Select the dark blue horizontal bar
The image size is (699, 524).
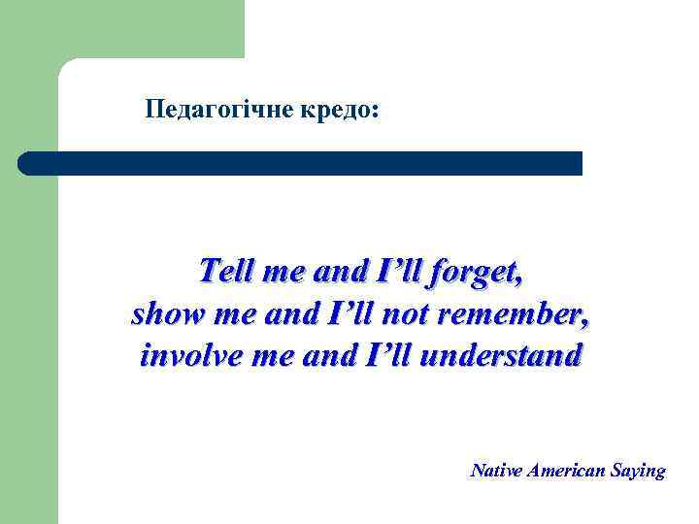[x=301, y=163]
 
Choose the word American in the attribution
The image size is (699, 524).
[x=566, y=471]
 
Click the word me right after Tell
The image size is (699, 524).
[x=283, y=271]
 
